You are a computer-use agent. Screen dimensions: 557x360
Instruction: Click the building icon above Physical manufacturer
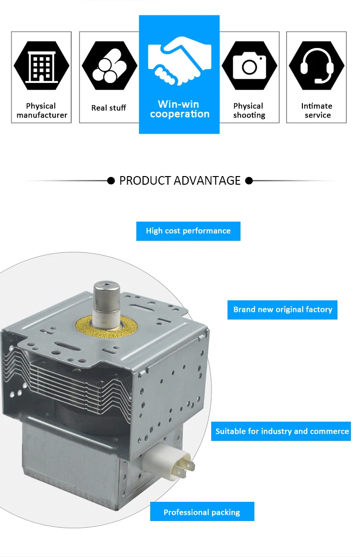point(41,66)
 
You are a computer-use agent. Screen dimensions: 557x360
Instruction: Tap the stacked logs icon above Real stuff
point(109,66)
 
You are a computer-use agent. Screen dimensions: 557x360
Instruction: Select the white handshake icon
point(179,60)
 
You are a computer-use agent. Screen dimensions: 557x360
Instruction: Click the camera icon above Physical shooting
point(249,66)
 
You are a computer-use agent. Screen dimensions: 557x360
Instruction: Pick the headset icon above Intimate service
point(317,65)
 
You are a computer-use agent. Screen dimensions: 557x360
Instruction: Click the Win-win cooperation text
point(180,109)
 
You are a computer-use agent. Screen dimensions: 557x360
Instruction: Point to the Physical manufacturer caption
point(42,110)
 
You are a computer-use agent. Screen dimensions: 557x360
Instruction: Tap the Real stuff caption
point(109,108)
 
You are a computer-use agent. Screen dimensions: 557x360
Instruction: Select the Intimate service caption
point(317,110)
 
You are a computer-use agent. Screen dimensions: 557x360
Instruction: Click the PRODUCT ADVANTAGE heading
point(180,181)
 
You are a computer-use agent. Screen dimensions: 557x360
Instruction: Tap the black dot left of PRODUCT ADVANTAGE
point(111,181)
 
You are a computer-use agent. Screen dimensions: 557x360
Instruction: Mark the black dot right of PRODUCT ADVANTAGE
point(249,181)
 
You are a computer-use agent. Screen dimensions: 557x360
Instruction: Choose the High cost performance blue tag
point(188,231)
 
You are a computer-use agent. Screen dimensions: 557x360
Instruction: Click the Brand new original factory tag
point(283,309)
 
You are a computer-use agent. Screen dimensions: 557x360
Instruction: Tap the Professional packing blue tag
point(202,512)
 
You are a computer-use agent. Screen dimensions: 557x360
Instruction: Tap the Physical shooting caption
point(249,110)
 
